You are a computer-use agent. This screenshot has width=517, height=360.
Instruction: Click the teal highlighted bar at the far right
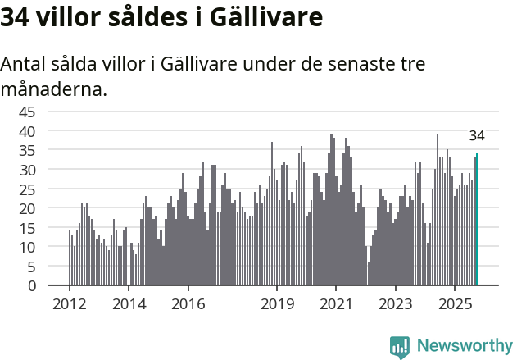(478, 220)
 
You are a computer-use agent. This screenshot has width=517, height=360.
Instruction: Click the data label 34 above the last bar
(477, 136)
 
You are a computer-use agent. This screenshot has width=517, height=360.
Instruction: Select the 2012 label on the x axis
(69, 303)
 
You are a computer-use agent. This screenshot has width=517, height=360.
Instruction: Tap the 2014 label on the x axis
(129, 303)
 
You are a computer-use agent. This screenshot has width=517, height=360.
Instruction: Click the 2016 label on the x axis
(188, 303)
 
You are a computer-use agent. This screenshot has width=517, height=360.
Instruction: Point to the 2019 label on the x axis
(277, 303)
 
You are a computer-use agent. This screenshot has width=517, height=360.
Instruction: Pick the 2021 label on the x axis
(337, 303)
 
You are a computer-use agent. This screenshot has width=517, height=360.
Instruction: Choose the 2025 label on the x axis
(456, 303)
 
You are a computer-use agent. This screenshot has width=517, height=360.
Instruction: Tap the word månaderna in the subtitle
(54, 89)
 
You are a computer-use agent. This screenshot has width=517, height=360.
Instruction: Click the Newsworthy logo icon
(400, 347)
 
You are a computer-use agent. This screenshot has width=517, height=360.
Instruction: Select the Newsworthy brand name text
(464, 346)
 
